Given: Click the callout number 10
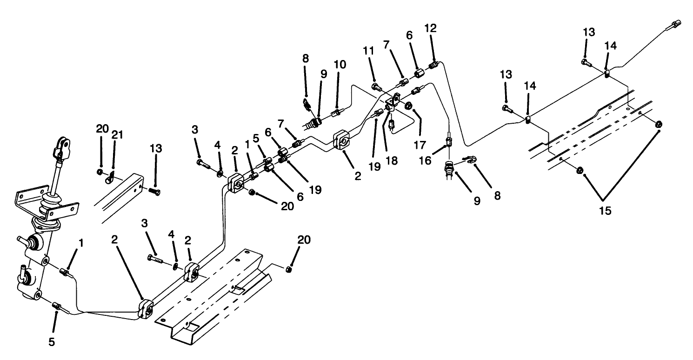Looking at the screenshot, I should click(340, 64).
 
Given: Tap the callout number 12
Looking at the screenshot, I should click(431, 28).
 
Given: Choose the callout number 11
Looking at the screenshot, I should click(369, 51).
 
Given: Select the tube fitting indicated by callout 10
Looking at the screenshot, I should click(337, 113).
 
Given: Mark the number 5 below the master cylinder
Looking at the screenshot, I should click(52, 342).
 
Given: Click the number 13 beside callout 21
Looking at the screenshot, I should click(156, 149).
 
